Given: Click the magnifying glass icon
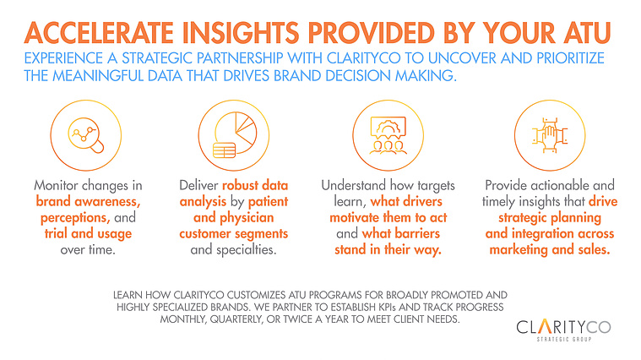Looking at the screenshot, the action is [86, 135].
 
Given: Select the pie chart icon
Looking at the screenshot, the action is [235, 135].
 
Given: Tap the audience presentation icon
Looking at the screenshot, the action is [388, 135].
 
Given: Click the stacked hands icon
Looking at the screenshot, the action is [550, 135].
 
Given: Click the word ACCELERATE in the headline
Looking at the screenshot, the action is [99, 33].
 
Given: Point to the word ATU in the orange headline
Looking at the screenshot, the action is [587, 33].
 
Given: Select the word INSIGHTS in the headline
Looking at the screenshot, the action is [241, 33].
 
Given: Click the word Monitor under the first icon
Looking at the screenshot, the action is [56, 185].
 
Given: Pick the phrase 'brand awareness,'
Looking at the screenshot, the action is [88, 201].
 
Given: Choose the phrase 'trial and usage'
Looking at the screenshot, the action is [88, 233].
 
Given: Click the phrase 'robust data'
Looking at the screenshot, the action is [255, 185].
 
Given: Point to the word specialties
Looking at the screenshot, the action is [247, 249].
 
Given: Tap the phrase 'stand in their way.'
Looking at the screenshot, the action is [388, 249].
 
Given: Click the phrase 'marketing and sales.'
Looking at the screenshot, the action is [550, 249].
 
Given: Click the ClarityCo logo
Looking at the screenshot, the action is [564, 330].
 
